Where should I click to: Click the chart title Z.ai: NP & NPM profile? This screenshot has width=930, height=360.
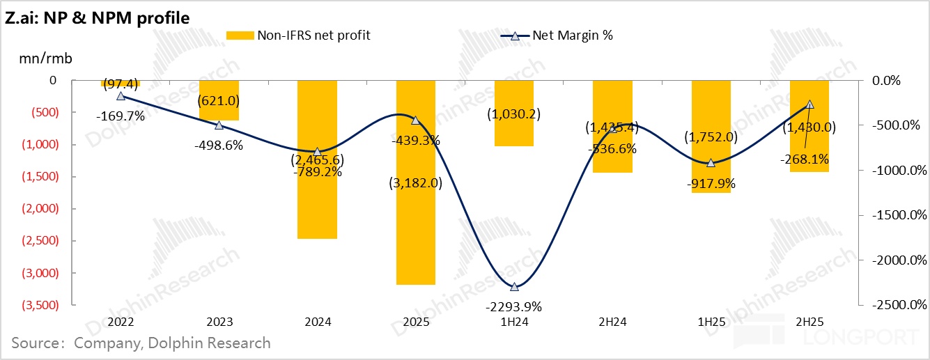pos(97,18)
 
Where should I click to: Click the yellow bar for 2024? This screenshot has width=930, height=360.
pos(317,159)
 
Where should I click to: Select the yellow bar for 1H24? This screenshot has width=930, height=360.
pos(514,113)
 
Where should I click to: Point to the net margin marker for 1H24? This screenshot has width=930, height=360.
pos(514,287)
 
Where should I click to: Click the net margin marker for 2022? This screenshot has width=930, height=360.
pos(121,96)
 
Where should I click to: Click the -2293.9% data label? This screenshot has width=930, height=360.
pos(514,306)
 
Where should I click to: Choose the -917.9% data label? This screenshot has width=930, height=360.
pos(711,185)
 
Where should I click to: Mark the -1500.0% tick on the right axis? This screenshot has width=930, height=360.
pos(896,215)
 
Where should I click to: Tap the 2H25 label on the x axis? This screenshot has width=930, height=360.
pos(809,322)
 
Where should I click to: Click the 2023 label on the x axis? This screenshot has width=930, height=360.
pos(219,322)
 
